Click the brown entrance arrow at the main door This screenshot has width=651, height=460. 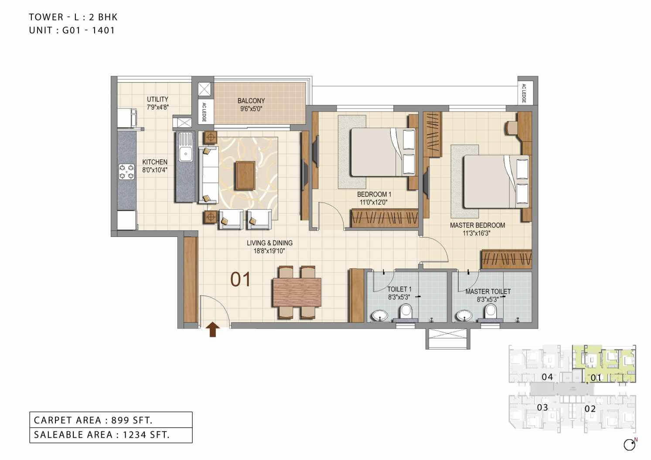tap(212, 329)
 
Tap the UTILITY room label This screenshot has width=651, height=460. tap(157, 99)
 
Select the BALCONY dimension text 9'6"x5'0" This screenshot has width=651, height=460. tap(251, 108)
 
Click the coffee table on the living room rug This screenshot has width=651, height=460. tap(245, 175)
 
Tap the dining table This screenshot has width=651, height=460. tap(297, 292)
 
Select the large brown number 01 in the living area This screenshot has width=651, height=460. tap(241, 279)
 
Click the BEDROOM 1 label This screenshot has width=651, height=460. tap(374, 194)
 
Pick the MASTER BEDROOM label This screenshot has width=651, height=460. tap(477, 225)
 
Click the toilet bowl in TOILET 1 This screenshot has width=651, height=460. tap(406, 311)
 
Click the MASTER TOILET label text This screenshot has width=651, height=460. tap(488, 291)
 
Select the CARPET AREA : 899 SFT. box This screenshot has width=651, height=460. tap(111, 420)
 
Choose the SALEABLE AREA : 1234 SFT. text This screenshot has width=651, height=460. tap(102, 435)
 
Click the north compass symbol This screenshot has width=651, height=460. tap(630, 445)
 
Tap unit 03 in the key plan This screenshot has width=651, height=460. tap(542, 408)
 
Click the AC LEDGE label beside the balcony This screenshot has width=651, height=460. tap(204, 112)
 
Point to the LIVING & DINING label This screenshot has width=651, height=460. tap(269, 243)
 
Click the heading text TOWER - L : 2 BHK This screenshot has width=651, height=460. tap(73, 17)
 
